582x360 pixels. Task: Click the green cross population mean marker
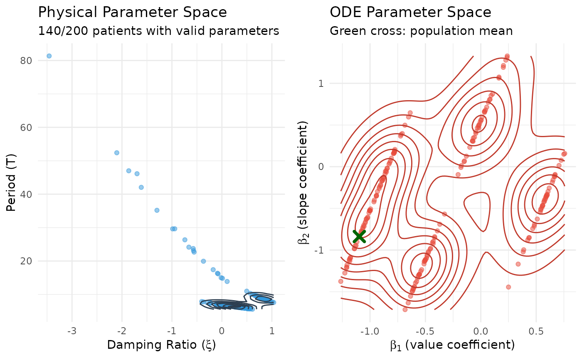pos(359,236)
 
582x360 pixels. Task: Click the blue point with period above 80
pos(49,56)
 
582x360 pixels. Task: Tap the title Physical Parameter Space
pos(132,12)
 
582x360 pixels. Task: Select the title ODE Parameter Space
pos(410,12)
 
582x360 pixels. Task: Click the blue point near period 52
pos(117,153)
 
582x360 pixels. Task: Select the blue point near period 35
pos(157,210)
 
